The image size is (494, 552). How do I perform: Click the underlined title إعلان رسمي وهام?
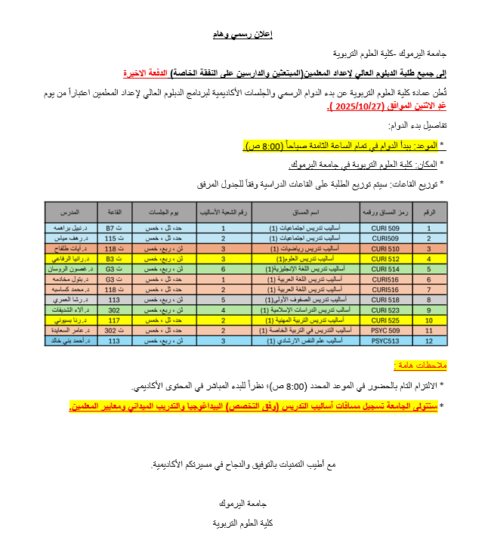246,35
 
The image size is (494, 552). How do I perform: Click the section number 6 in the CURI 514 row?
223,268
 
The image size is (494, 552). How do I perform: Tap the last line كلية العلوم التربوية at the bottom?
246,523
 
